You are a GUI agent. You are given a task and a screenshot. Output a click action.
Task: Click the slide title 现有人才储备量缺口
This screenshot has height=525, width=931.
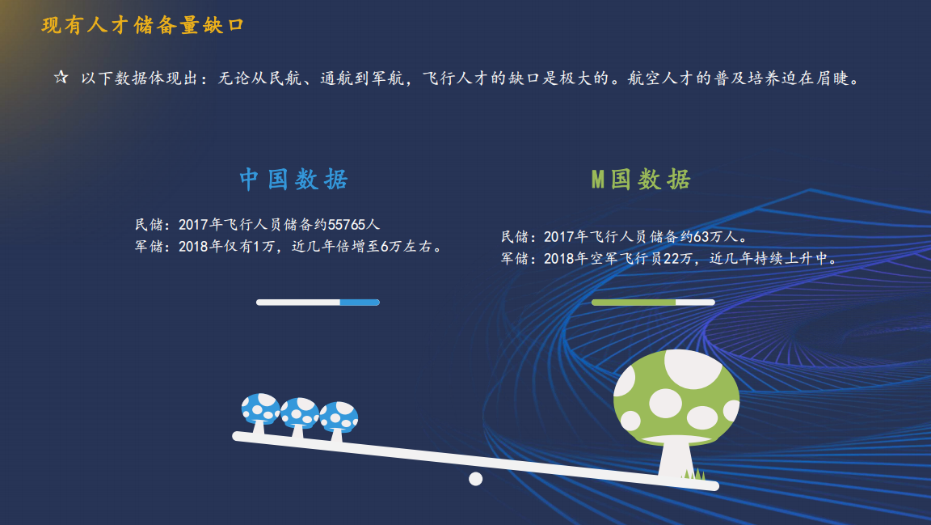(x=142, y=26)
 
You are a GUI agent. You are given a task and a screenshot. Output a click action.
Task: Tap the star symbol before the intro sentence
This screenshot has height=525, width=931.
(x=61, y=78)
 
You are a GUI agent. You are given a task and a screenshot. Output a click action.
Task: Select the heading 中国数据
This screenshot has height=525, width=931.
(x=294, y=179)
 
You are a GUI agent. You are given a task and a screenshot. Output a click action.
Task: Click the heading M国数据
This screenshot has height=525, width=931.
(x=641, y=179)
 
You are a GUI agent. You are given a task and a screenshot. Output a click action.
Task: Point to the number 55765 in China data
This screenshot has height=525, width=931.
(x=346, y=225)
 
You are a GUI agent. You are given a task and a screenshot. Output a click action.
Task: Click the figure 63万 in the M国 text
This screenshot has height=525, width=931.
(x=707, y=237)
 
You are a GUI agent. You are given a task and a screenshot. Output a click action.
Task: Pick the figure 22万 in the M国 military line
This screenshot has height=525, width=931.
(x=677, y=259)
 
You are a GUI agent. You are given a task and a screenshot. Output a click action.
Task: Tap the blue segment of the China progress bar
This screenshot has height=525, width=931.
(x=360, y=303)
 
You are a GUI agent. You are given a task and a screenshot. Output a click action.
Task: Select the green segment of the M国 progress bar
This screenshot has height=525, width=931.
(x=634, y=303)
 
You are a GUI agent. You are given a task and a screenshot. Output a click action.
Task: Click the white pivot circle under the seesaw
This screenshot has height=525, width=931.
(x=475, y=479)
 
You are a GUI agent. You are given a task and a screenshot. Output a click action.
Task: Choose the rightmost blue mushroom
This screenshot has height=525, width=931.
(x=339, y=421)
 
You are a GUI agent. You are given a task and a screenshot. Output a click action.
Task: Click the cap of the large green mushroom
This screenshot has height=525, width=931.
(x=676, y=396)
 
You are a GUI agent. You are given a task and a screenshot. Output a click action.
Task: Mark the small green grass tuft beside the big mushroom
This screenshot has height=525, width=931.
(x=693, y=474)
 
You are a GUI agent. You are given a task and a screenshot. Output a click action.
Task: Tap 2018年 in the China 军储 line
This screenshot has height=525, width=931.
(x=200, y=246)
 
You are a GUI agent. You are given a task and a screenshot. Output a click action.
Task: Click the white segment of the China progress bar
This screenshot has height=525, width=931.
(x=298, y=303)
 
